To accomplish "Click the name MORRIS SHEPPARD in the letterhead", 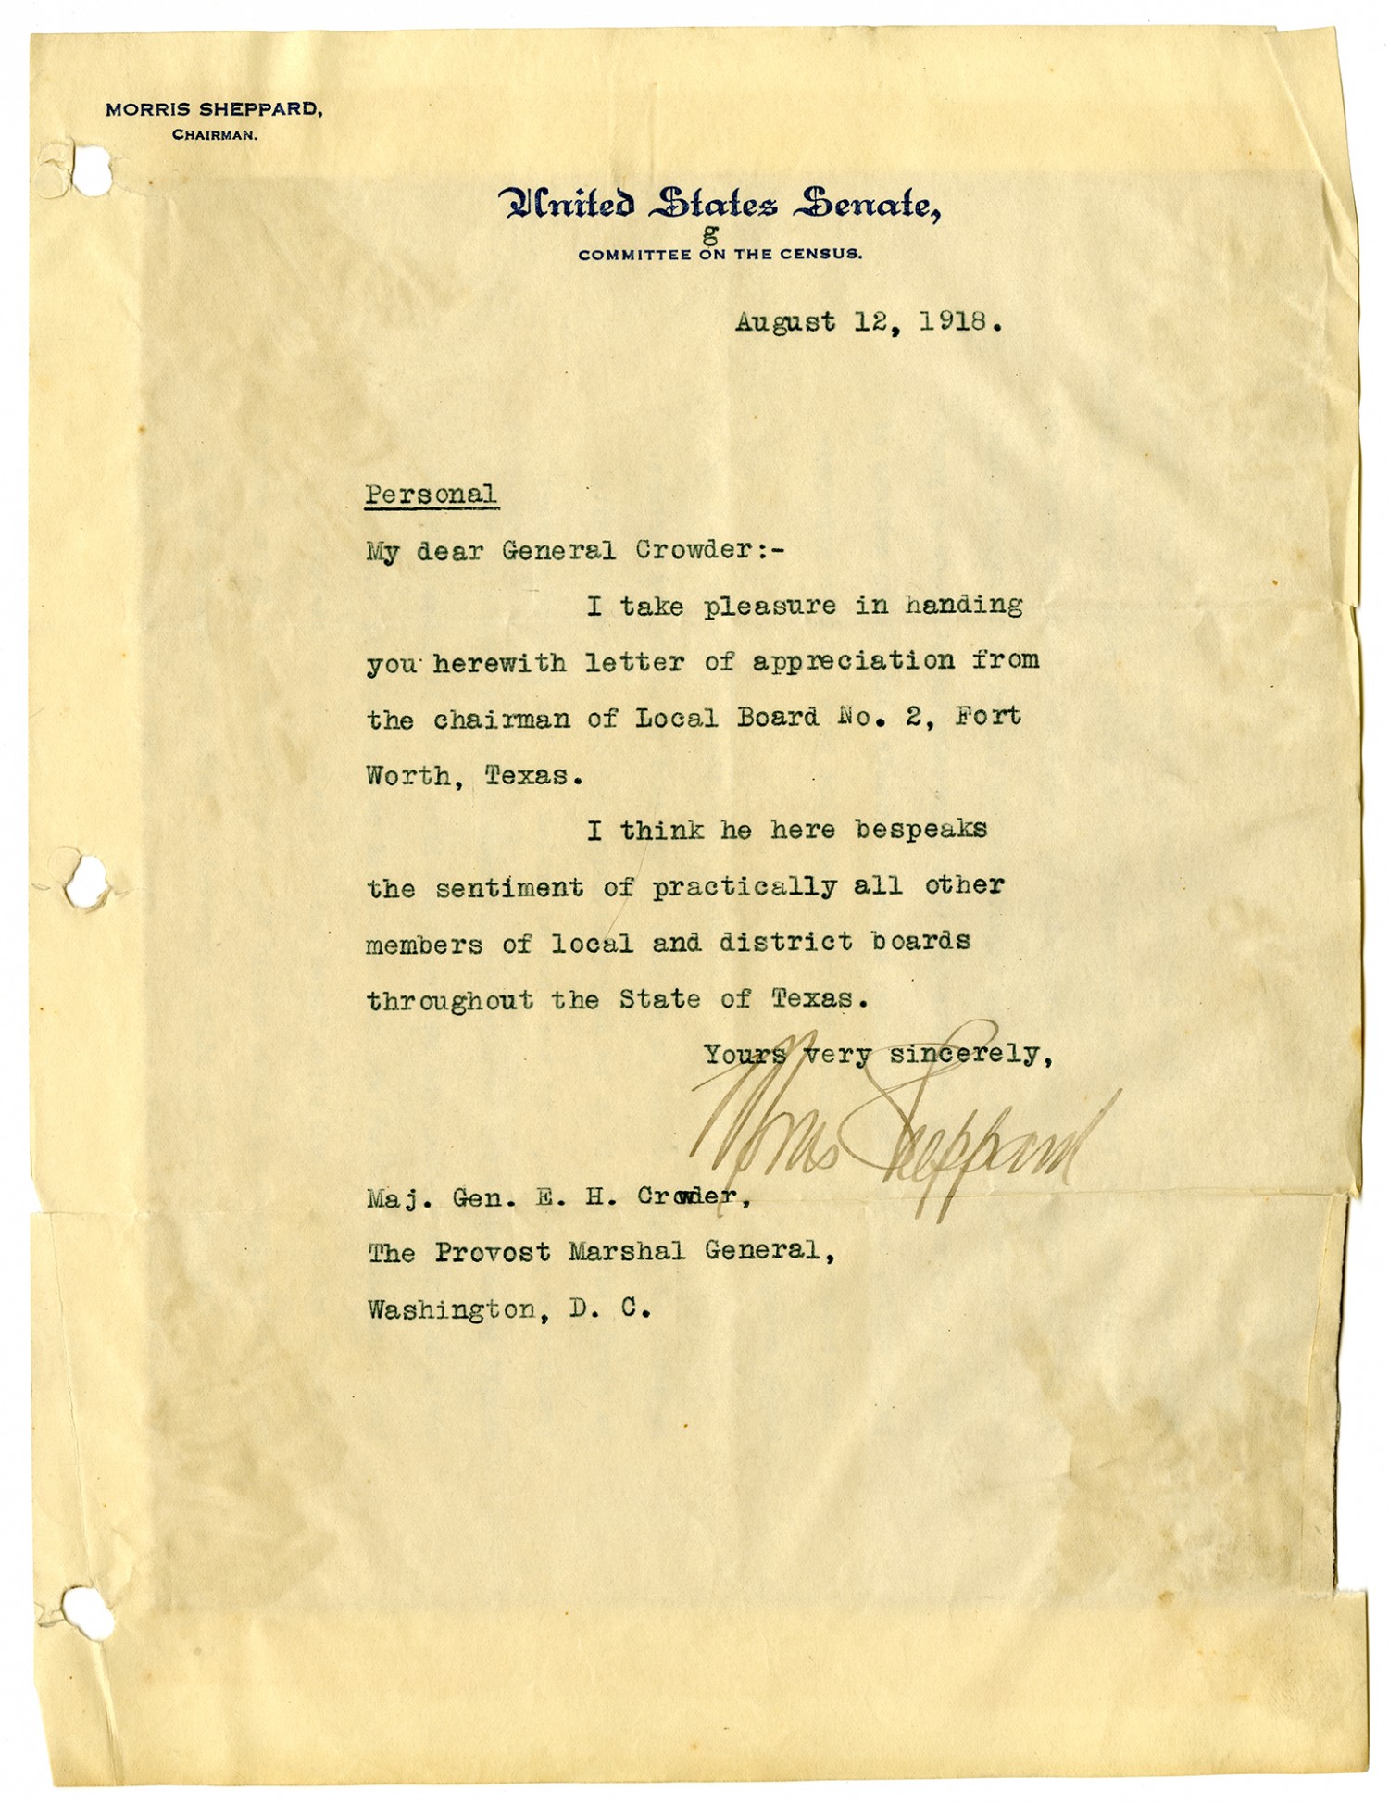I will tap(214, 109).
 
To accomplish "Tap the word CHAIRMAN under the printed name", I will tap(214, 135).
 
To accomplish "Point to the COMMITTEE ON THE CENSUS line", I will tap(720, 255).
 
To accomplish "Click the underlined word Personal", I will tap(431, 495).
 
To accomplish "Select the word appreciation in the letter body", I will tap(853, 662).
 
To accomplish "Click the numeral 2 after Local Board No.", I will tap(913, 717).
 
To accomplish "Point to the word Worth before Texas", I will tap(408, 775).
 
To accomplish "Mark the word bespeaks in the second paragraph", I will tap(920, 830).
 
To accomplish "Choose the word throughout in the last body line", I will tap(450, 1000).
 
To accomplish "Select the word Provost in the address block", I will tap(492, 1252).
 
